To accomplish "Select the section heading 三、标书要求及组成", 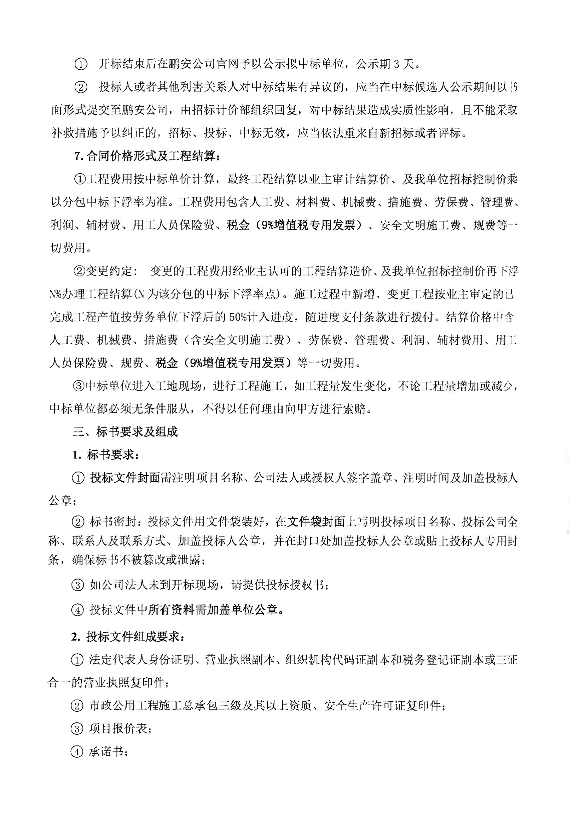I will pos(125,432).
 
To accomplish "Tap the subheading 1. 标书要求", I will pos(106,455).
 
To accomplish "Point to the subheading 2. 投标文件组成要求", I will pos(129,637).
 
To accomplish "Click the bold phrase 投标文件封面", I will pos(124,478).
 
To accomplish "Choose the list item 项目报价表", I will pos(119,729).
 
